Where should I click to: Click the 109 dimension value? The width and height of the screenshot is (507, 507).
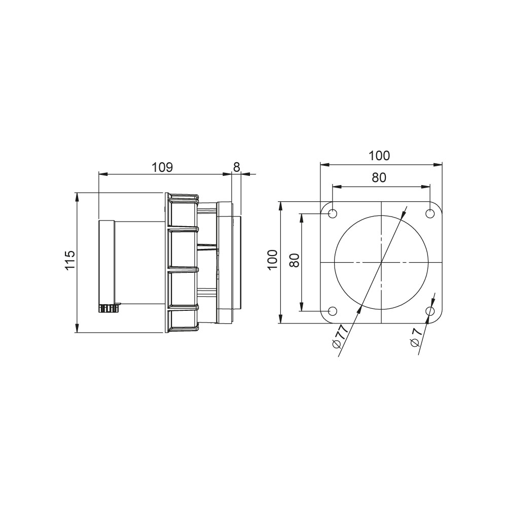pyautogui.click(x=163, y=167)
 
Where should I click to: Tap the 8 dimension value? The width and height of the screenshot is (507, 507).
pyautogui.click(x=236, y=167)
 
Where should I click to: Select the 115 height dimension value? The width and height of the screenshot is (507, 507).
pyautogui.click(x=70, y=260)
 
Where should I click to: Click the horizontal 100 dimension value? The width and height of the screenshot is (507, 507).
pyautogui.click(x=380, y=156)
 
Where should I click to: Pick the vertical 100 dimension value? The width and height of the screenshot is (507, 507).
pyautogui.click(x=273, y=260)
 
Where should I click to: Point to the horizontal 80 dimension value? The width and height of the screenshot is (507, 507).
pyautogui.click(x=379, y=177)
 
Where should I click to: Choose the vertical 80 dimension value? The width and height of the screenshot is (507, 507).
pyautogui.click(x=295, y=260)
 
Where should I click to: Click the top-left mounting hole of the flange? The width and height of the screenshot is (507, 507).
pyautogui.click(x=333, y=214)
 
